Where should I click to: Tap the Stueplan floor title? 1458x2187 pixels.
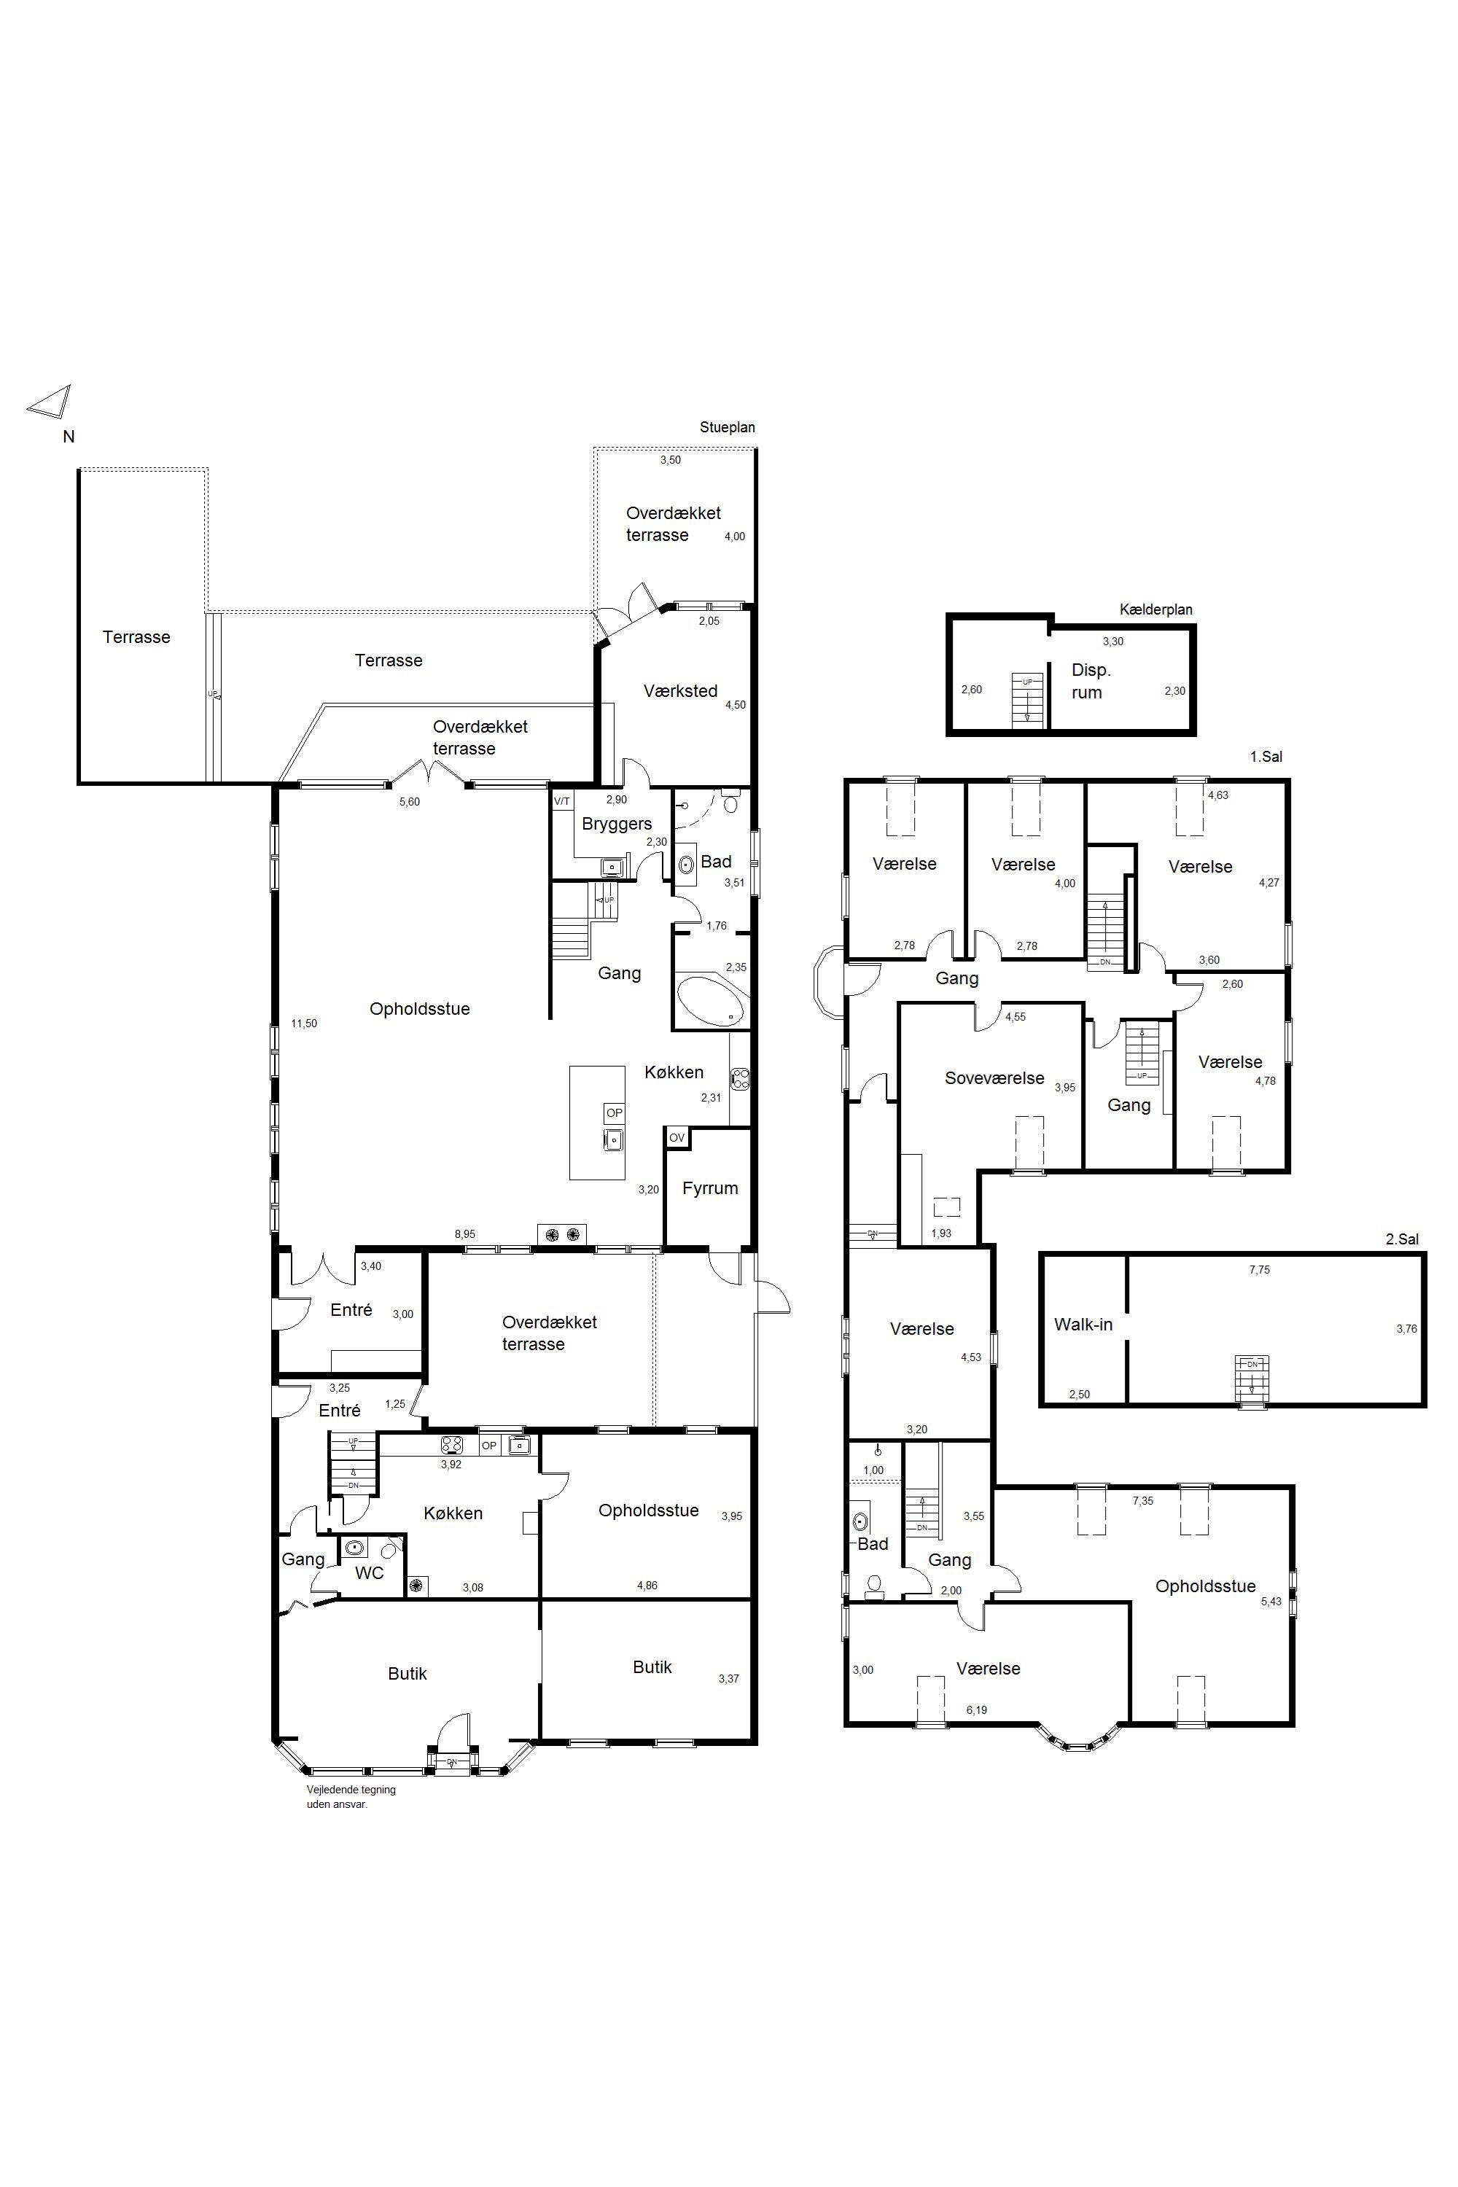[727, 428]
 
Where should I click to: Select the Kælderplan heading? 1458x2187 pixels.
[1155, 610]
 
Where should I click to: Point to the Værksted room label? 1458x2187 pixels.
[681, 691]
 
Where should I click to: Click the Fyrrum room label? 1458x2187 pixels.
[709, 1188]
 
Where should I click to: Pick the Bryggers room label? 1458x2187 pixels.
[617, 824]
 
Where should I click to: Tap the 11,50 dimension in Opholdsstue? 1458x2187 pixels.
[304, 1024]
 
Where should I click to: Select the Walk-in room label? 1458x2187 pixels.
[1083, 1324]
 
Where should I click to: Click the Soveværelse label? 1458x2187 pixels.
[994, 1079]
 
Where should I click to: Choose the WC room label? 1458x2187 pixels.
[369, 1573]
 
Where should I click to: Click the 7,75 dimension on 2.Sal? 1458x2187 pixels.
[1259, 1269]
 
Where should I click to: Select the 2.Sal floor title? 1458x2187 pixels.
[1402, 1239]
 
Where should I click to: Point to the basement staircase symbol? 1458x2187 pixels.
[1027, 702]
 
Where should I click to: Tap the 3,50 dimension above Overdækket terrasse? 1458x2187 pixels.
[671, 460]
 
